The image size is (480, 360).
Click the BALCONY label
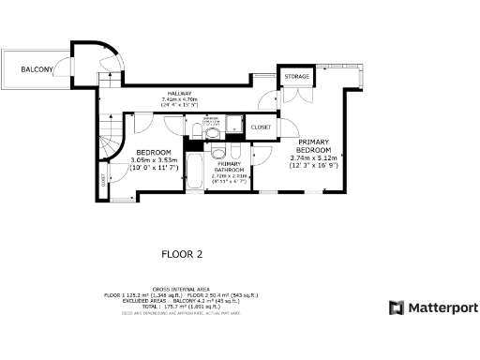pos(38,67)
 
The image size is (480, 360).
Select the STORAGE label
pos(298,76)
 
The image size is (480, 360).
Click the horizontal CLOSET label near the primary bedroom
pos(262,126)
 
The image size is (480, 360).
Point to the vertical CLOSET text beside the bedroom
pos(102,181)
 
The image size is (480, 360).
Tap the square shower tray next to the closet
pos(235,124)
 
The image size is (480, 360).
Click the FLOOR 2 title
pos(182,253)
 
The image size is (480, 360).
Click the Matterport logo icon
pos(397,307)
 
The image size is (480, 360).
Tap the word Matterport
pos(442,307)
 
